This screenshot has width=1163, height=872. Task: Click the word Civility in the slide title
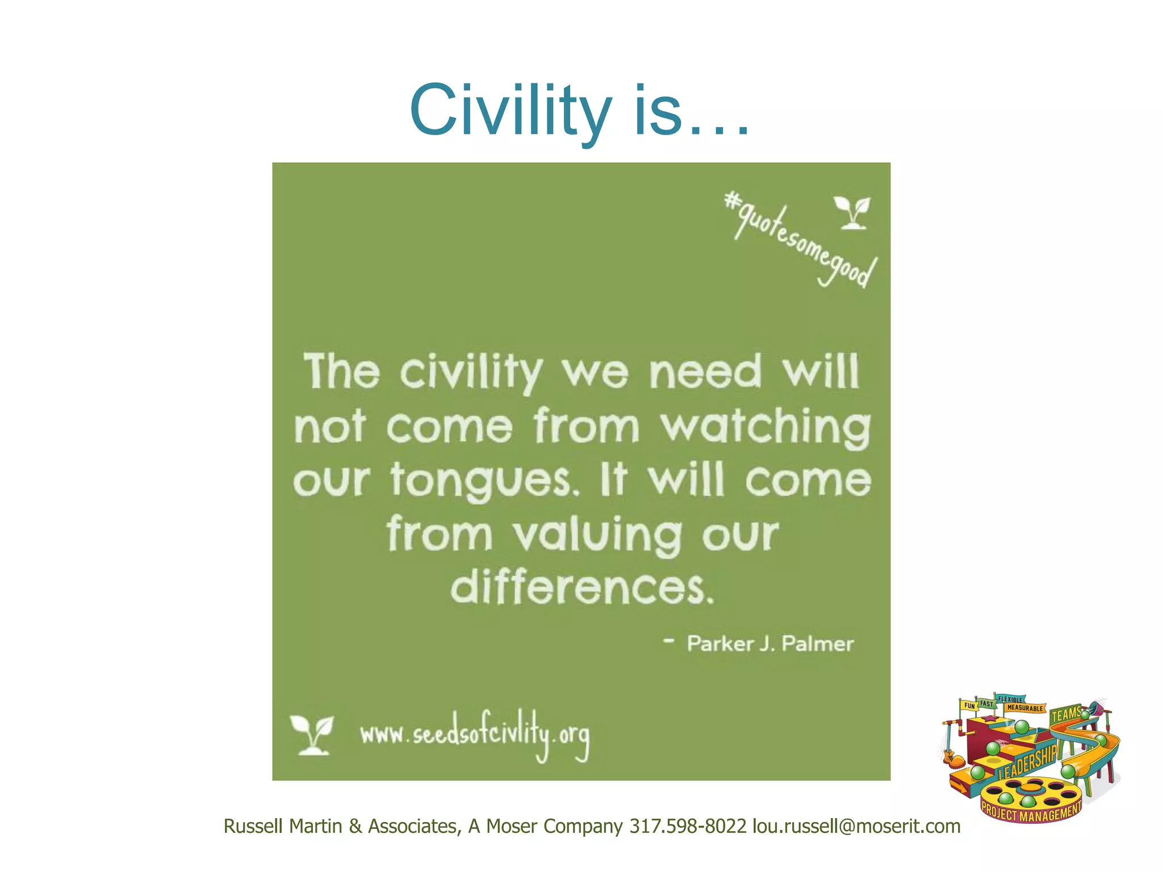(x=510, y=110)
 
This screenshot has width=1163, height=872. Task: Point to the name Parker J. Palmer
(x=769, y=644)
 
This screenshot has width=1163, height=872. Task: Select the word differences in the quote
(x=581, y=588)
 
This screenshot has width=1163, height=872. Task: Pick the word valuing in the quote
(x=597, y=535)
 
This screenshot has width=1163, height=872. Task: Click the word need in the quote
(x=705, y=372)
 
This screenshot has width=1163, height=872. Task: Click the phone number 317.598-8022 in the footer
(x=688, y=827)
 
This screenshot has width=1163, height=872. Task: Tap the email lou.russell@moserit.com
(x=856, y=827)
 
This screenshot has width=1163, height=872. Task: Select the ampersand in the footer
(x=355, y=827)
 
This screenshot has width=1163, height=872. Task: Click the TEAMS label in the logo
(x=1066, y=715)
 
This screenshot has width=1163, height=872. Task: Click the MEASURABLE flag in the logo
(x=1025, y=708)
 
